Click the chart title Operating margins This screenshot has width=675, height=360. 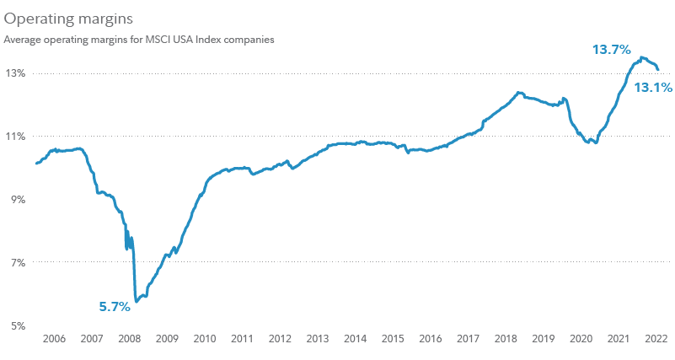coord(56,17)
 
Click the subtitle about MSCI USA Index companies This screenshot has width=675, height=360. coord(139,39)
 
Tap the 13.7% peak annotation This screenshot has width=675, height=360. coord(612,50)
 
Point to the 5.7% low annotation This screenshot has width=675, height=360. coord(115,307)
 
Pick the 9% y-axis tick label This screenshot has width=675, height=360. coord(18,199)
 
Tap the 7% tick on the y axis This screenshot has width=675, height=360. coord(18,262)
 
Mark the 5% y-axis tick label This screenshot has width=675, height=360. coord(18,325)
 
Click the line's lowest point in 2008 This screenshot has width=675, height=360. coord(136,301)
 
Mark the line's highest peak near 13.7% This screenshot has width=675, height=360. coord(642,57)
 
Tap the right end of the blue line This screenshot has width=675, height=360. coord(658,70)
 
